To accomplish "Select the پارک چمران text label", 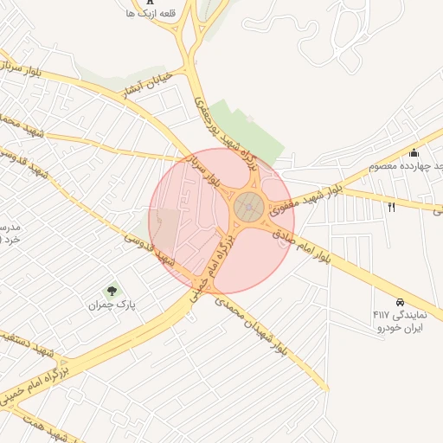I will tap(112, 305).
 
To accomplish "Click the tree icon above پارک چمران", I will tap(111, 291).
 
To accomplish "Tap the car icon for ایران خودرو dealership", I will tap(400, 302).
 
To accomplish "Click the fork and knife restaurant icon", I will tap(392, 207).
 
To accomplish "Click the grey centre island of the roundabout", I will tap(249, 206).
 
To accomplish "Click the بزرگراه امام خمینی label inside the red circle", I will tap(216, 256).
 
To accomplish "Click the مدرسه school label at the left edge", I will tap(10, 232).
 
